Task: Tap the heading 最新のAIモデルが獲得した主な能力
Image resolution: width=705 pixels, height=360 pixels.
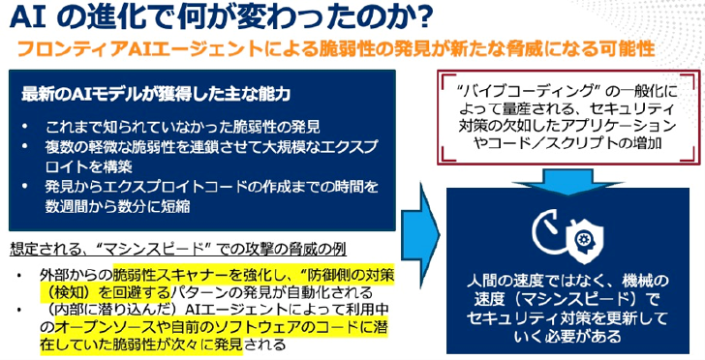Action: pos(155,94)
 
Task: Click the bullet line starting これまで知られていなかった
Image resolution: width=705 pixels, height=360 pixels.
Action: pos(183,127)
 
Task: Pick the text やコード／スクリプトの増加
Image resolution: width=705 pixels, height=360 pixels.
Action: pos(568,143)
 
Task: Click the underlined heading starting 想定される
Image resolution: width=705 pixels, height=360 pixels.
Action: pos(178,250)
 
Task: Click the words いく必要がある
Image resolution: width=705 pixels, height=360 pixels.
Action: pos(567,336)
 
